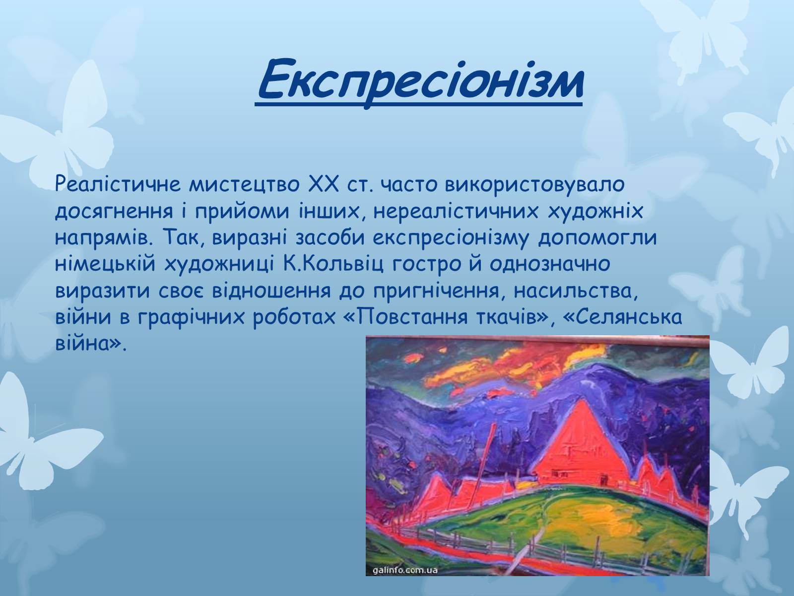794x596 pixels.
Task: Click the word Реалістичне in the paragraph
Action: (x=118, y=184)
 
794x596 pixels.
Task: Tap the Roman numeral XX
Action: (x=324, y=184)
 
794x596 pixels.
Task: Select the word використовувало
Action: (x=535, y=184)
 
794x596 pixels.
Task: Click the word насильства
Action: (x=576, y=292)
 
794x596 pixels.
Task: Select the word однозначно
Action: (x=550, y=264)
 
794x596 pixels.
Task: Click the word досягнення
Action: (x=114, y=212)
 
